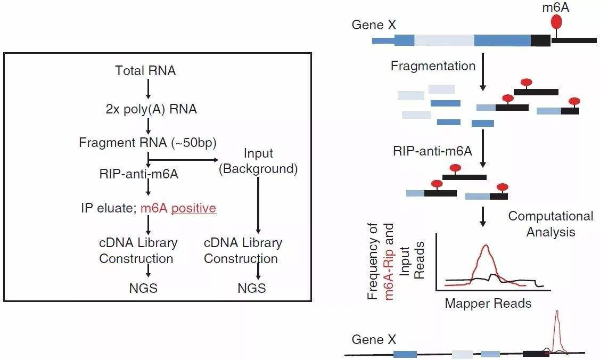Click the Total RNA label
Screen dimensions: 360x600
[145, 70]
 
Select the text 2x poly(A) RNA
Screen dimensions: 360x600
[151, 110]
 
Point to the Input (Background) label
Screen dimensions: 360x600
[258, 161]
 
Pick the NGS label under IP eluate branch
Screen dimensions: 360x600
[143, 289]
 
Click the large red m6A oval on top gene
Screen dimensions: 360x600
[556, 22]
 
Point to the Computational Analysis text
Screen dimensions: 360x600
[550, 224]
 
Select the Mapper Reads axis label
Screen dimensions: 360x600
[488, 303]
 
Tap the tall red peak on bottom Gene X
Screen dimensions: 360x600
[557, 325]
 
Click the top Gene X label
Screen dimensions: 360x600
[373, 24]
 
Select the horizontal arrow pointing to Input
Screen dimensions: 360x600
[184, 159]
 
